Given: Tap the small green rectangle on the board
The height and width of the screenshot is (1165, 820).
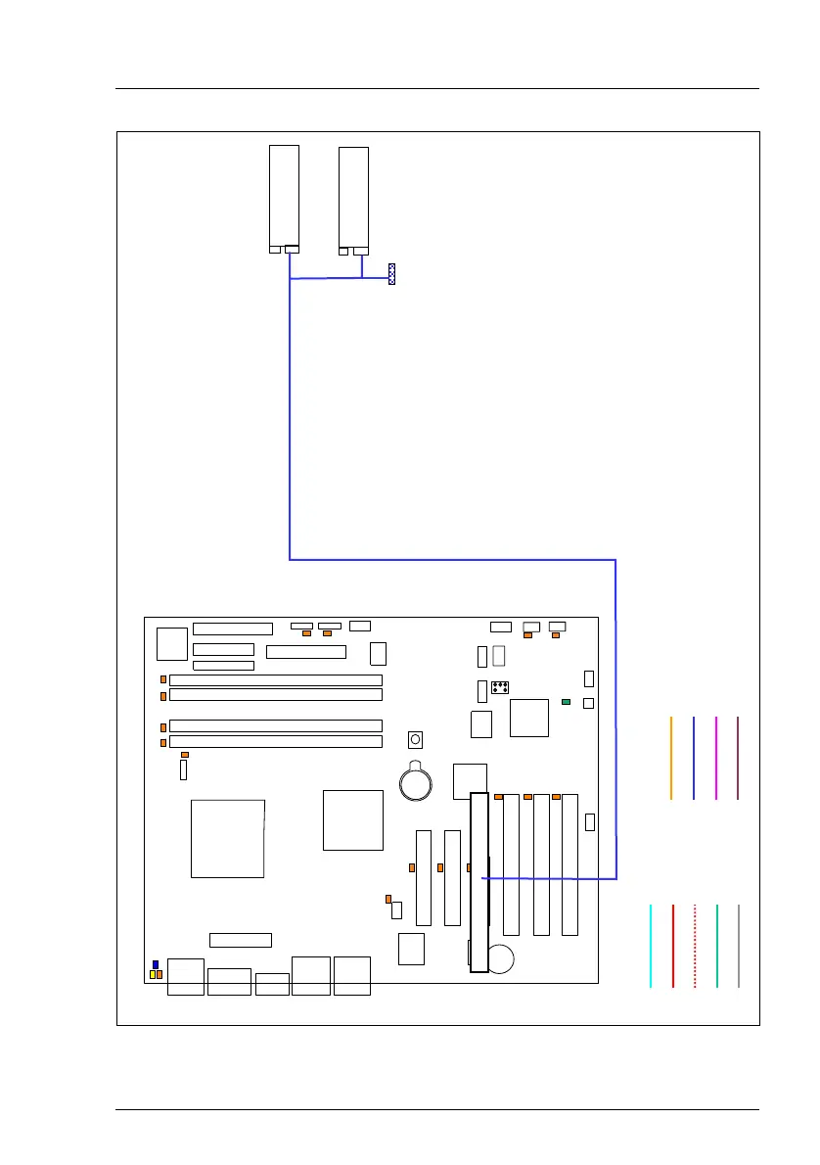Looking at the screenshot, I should tap(566, 702).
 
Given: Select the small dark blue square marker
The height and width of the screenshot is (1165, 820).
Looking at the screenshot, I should tap(156, 964).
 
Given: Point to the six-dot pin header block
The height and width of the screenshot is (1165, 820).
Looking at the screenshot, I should tap(499, 686).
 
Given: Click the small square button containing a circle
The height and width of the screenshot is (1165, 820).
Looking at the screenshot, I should tap(416, 738).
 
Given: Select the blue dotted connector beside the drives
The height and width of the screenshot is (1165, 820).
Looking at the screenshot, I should tap(391, 273).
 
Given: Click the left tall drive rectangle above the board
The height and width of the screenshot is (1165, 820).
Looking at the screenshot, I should tap(284, 195).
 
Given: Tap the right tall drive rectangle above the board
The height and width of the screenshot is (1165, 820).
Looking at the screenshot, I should tap(353, 196).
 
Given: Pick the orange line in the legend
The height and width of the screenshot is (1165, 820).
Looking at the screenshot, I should tap(671, 758).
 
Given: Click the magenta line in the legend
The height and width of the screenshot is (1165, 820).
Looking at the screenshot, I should tap(716, 758).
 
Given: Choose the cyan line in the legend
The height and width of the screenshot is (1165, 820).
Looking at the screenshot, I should tap(651, 946).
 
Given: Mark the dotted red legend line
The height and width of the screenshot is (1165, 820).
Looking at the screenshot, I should tap(695, 946).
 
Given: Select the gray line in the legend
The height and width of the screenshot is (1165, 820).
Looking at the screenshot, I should tap(739, 946).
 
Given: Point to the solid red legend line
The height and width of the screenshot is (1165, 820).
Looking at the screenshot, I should tap(673, 946).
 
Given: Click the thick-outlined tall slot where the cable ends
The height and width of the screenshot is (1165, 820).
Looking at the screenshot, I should tap(478, 881).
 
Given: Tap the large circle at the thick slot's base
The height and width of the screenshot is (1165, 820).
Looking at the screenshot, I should tap(501, 958).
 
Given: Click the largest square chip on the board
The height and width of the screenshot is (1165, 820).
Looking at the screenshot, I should tap(227, 838).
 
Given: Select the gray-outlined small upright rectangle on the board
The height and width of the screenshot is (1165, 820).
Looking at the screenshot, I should tap(499, 655).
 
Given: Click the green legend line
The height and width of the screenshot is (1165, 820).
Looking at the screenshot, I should tap(717, 946).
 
